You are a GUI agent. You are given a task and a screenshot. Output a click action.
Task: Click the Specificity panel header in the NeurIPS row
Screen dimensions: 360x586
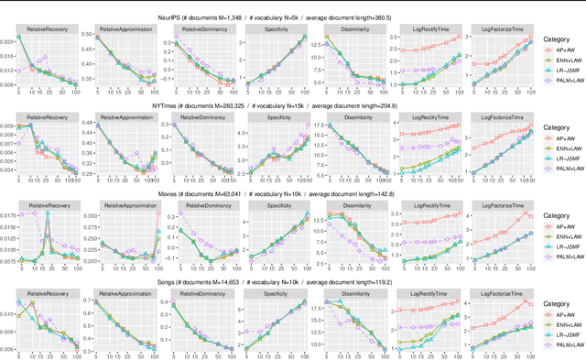(x=278, y=28)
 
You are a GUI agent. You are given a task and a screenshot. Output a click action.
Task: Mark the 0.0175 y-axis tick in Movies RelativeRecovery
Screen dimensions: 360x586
(x=8, y=216)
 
